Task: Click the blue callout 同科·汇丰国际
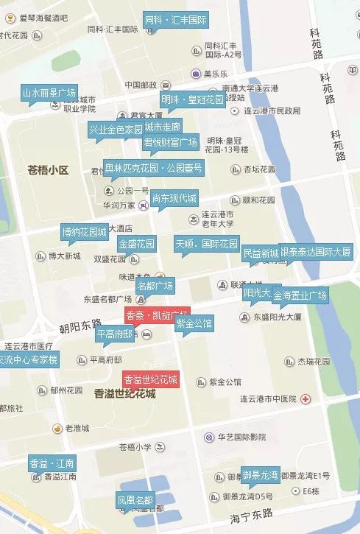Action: click(x=175, y=21)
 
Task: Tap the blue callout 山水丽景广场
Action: click(x=49, y=93)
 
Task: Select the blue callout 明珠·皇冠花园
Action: click(x=192, y=99)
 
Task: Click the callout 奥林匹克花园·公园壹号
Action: click(x=153, y=167)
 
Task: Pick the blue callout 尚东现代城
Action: click(x=174, y=199)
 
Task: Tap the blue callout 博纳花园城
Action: click(x=84, y=232)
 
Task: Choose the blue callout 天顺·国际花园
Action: click(x=207, y=243)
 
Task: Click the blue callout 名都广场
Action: click(x=155, y=284)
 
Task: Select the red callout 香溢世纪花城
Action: click(x=151, y=380)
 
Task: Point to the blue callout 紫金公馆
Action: click(x=194, y=323)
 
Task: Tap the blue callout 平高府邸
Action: click(x=116, y=334)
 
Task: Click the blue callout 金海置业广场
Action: click(x=300, y=295)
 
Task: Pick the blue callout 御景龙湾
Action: click(x=261, y=474)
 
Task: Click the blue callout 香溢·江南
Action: click(x=52, y=464)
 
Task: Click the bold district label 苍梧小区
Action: click(x=48, y=170)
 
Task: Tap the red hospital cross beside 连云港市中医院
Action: click(x=305, y=398)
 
